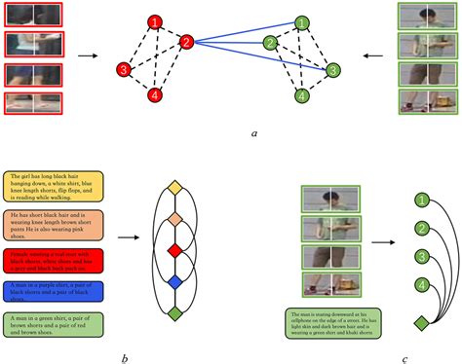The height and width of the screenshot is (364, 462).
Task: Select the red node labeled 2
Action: click(186, 41)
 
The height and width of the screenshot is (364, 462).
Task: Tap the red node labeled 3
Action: click(124, 70)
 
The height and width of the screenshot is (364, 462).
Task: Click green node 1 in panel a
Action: click(303, 21)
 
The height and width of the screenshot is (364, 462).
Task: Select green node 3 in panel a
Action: click(332, 70)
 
